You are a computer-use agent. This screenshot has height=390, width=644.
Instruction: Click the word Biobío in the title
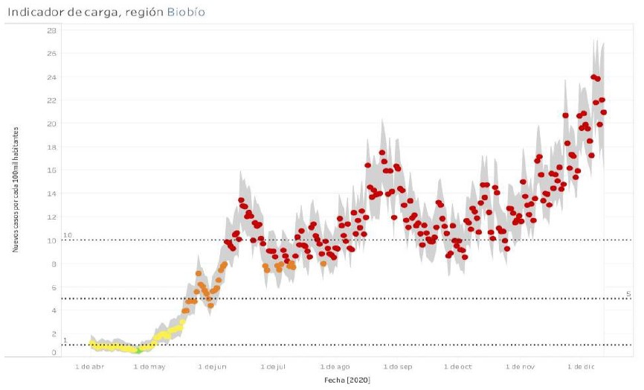point(187,13)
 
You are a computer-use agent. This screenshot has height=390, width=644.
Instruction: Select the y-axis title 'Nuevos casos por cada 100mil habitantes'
point(15,188)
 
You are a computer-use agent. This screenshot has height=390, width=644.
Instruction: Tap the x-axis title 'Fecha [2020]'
point(347,380)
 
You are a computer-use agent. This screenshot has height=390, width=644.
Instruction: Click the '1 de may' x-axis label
point(152,367)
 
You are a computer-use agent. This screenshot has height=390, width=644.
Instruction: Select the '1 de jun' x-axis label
point(214,367)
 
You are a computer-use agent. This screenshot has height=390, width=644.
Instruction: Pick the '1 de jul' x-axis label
point(274,367)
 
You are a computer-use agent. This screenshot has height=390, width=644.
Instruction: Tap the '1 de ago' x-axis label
point(336,367)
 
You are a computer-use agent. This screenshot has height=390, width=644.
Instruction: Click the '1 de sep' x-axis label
point(398,367)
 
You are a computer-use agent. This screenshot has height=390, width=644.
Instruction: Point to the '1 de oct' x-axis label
point(457,367)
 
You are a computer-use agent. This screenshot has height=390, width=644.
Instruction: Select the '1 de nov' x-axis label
point(520,367)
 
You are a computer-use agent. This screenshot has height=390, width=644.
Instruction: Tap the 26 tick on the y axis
point(51,54)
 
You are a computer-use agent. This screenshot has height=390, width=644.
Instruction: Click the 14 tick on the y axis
point(51,194)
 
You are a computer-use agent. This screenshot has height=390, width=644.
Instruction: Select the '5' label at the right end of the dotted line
point(628,294)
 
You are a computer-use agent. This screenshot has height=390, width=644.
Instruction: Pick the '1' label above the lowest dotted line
point(64,341)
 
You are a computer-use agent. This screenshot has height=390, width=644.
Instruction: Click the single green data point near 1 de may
point(138,351)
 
